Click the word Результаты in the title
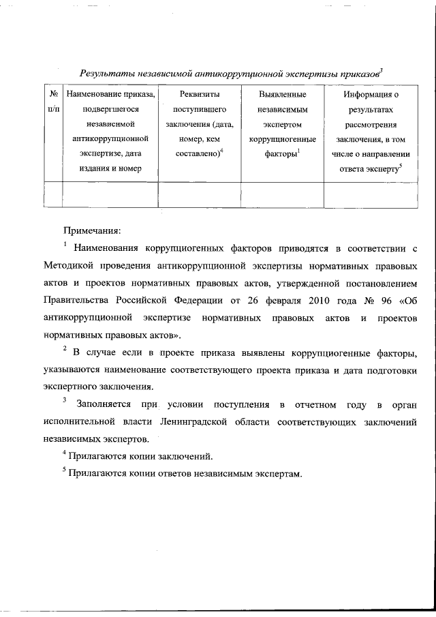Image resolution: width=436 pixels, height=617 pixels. coord(104,72)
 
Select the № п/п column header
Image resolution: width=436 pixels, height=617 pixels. coord(53,102)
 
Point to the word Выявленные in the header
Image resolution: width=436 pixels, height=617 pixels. coord(282,94)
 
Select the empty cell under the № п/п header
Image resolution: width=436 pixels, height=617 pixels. coord(53,194)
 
